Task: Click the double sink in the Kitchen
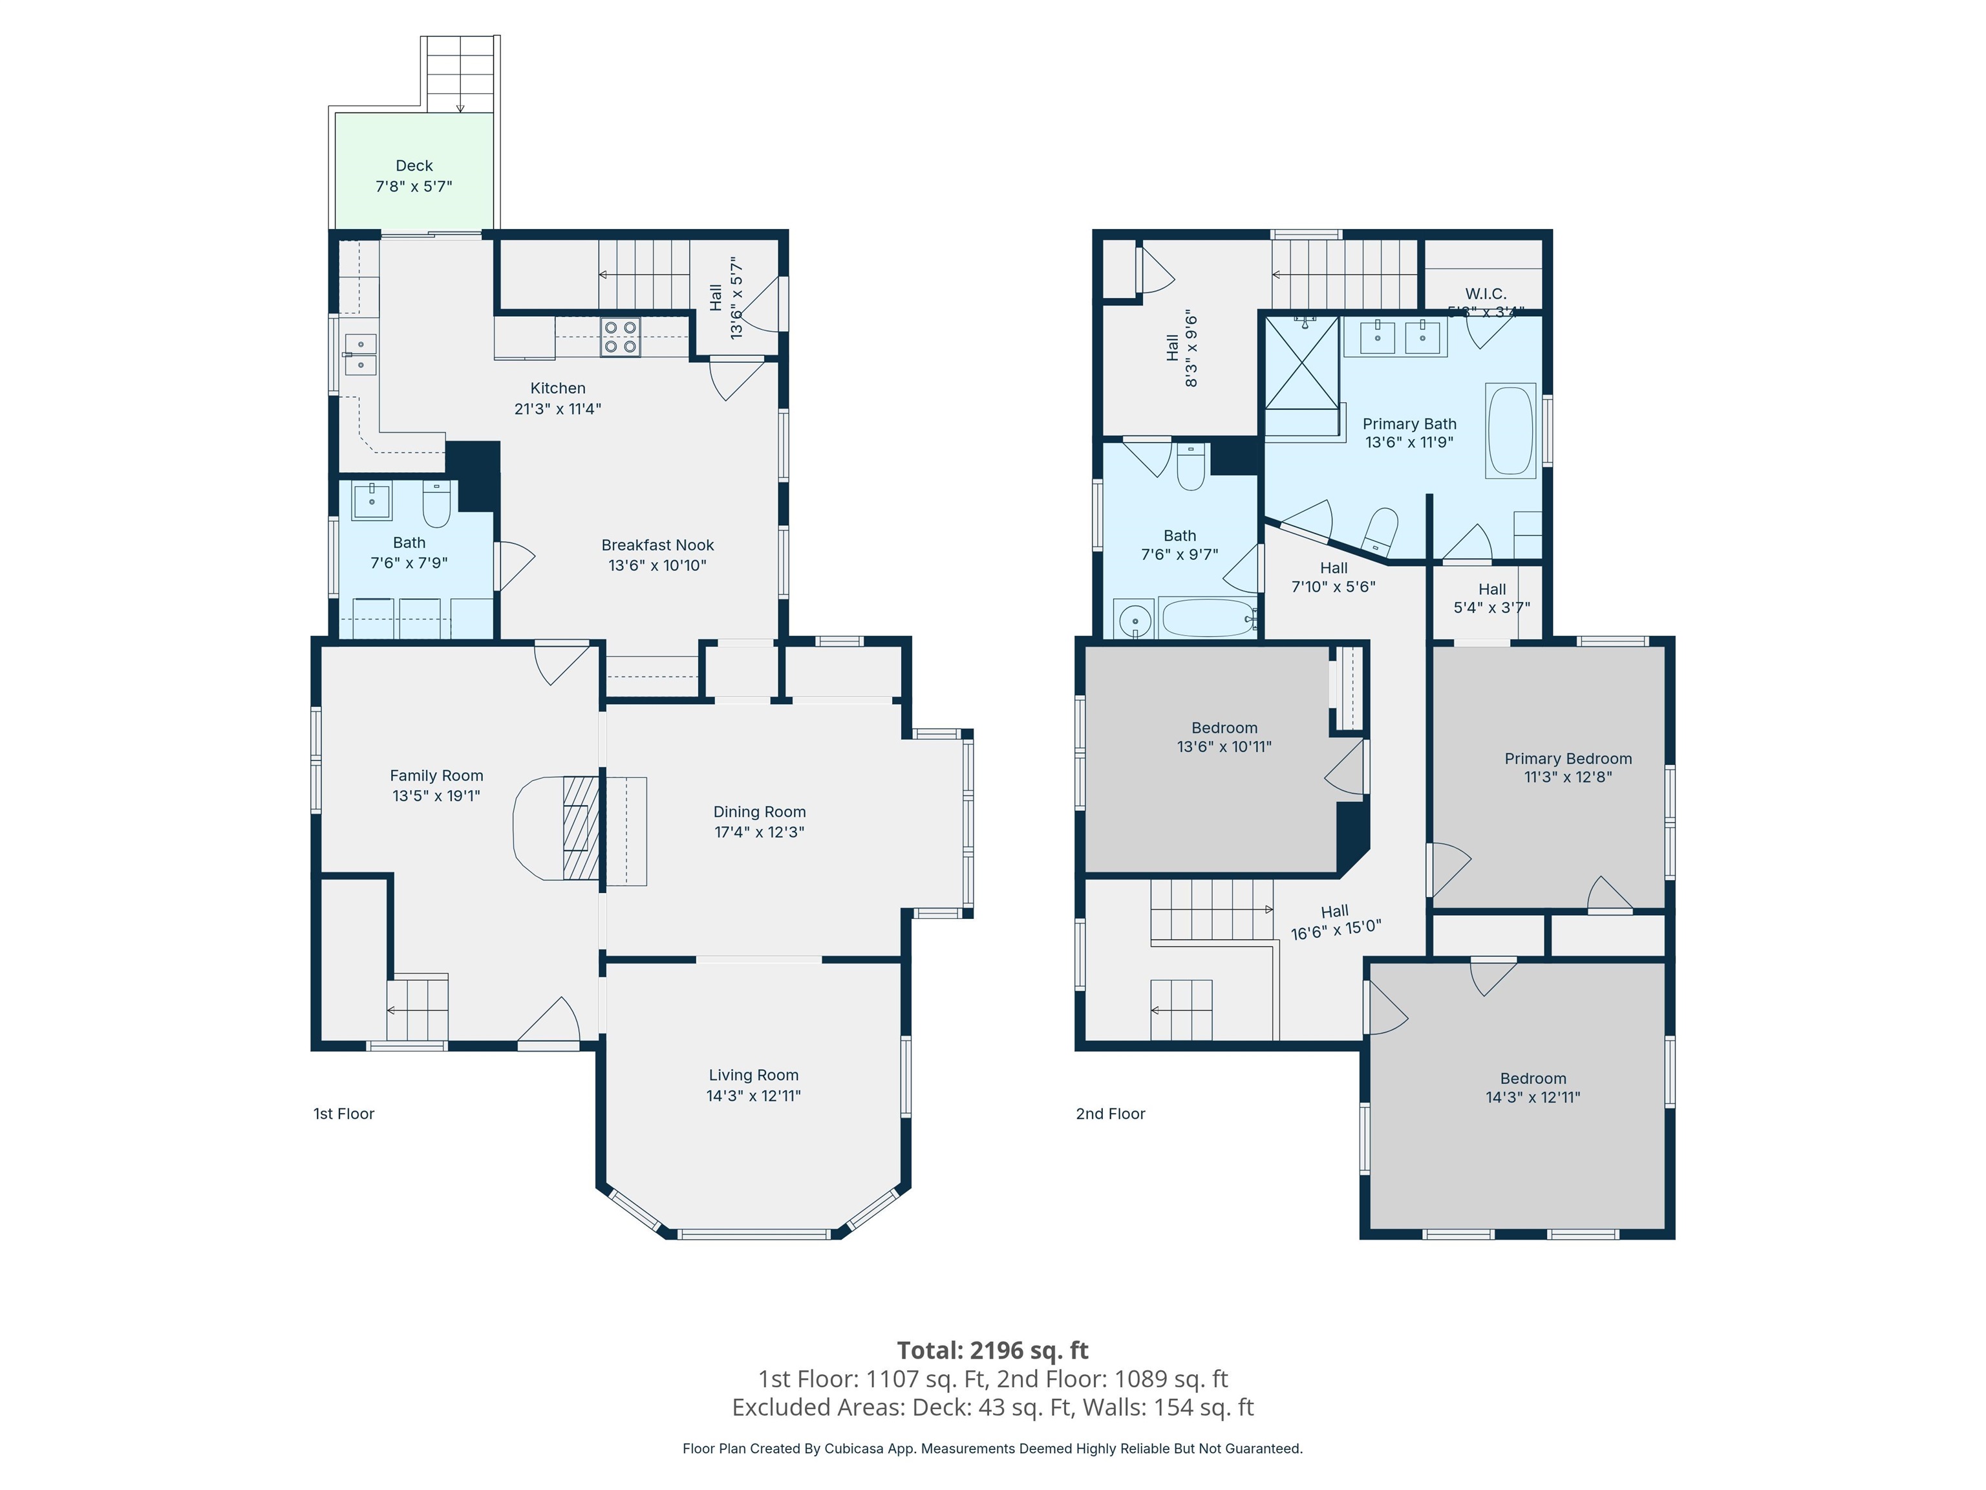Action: tap(360, 354)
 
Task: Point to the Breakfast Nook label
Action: tap(657, 545)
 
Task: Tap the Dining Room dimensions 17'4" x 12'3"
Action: tap(759, 832)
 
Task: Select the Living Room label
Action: tap(753, 1075)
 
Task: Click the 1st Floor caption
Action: tap(343, 1114)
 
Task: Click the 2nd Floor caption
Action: tap(1111, 1114)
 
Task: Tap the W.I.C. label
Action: tap(1485, 294)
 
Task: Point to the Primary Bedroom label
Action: tap(1568, 759)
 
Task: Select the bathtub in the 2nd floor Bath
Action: tap(1207, 618)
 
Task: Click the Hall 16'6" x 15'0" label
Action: tap(1335, 922)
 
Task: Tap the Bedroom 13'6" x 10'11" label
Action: tap(1224, 737)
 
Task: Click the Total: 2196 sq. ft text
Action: tap(992, 1350)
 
